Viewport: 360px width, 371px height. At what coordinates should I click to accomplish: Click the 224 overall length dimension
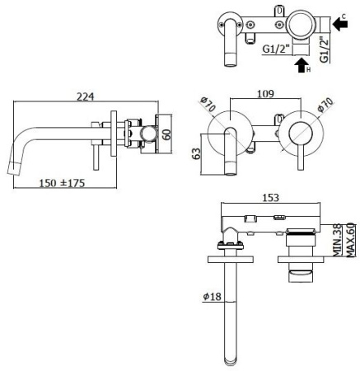[x=85, y=96]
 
